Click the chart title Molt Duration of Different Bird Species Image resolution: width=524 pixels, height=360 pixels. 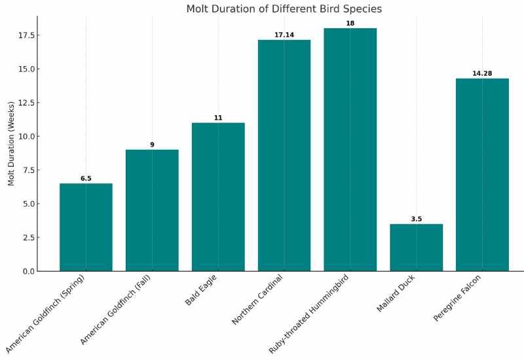(284, 9)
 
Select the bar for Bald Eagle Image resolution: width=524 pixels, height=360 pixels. (218, 196)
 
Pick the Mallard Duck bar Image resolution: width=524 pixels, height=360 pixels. (416, 247)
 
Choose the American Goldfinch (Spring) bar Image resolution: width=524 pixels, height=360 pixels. (86, 227)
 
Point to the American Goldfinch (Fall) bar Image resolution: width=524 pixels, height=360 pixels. (152, 210)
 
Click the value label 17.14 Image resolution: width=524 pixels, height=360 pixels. (284, 35)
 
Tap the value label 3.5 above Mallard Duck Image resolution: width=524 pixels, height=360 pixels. (416, 219)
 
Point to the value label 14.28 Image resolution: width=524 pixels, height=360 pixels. (482, 73)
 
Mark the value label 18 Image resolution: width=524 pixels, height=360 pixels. (350, 24)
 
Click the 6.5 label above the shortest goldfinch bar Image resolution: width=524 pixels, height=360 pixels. (86, 179)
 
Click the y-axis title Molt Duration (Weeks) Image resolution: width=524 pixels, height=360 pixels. (11, 143)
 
